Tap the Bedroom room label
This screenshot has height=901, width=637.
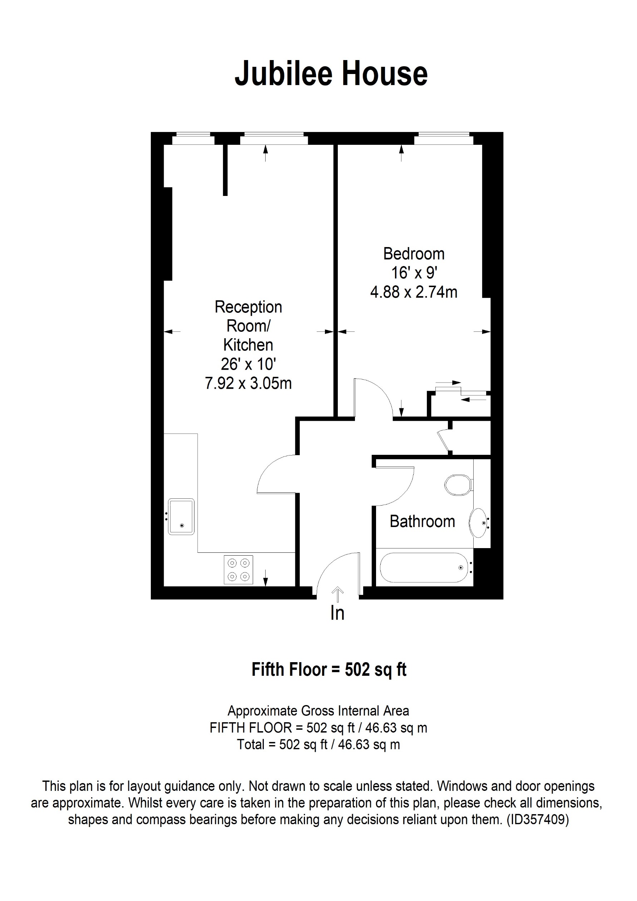[x=414, y=254]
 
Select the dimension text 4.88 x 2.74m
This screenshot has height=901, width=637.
[x=414, y=292]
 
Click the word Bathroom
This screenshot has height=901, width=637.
[x=422, y=522]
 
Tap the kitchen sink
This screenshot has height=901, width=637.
[x=181, y=516]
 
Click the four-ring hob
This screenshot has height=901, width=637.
[x=238, y=570]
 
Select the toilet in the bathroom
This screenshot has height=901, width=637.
[x=458, y=485]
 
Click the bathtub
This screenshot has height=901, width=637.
[x=424, y=567]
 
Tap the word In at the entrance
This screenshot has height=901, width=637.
[x=337, y=613]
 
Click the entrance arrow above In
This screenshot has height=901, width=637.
[x=337, y=594]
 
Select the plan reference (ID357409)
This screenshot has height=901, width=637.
[x=538, y=819]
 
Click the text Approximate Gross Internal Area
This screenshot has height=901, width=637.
[x=318, y=711]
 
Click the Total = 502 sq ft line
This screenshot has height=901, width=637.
[x=318, y=744]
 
